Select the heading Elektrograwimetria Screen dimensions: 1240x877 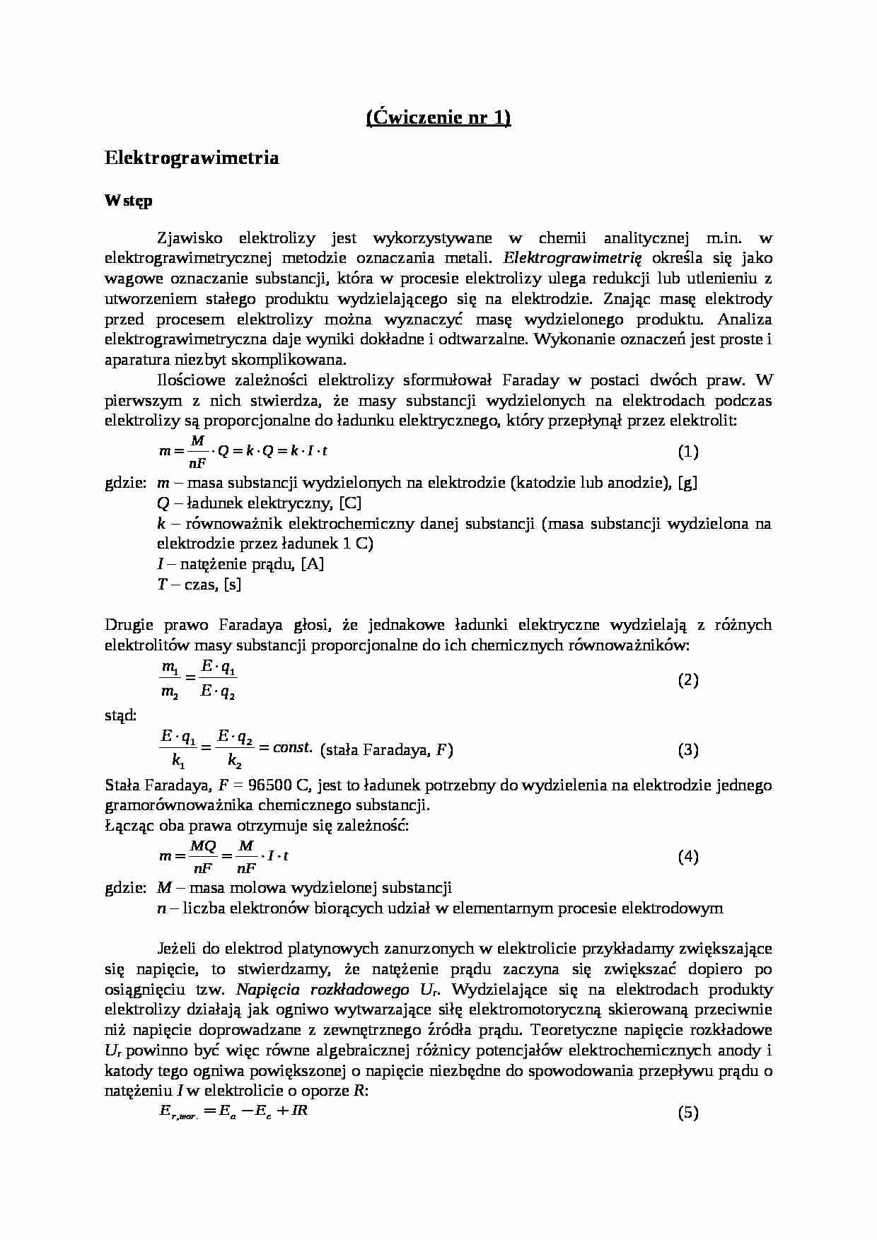(x=192, y=158)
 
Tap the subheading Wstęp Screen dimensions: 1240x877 (x=128, y=201)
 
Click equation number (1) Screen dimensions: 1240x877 (x=688, y=451)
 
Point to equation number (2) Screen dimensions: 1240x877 (x=688, y=680)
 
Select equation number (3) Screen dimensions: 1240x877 (x=688, y=750)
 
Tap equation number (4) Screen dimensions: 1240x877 (x=688, y=857)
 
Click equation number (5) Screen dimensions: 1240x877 (x=688, y=1113)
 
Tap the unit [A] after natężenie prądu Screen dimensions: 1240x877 (x=312, y=564)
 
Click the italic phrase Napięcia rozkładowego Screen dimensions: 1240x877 (x=323, y=990)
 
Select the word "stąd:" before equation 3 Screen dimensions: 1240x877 (x=120, y=715)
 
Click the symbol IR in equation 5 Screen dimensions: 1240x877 (x=299, y=1111)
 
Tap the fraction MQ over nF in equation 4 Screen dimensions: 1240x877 (x=203, y=857)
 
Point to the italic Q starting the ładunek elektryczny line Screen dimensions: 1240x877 (x=163, y=504)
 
